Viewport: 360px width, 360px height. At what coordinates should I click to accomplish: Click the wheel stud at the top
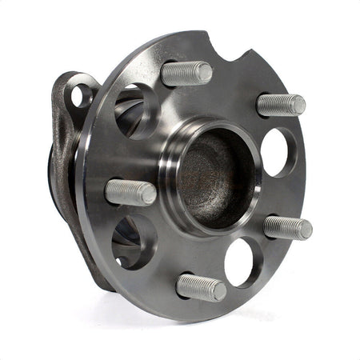pyautogui.click(x=186, y=74)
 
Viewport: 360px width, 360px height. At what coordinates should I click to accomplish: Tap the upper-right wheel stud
pyautogui.click(x=280, y=104)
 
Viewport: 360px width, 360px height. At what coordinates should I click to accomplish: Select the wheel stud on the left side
pyautogui.click(x=130, y=192)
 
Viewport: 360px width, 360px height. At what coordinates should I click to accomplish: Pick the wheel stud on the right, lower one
pyautogui.click(x=286, y=227)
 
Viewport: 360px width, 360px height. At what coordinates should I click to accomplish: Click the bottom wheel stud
pyautogui.click(x=200, y=287)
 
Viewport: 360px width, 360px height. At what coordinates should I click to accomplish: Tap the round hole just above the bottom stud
pyautogui.click(x=241, y=259)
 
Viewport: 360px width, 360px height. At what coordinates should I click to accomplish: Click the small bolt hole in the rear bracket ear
pyautogui.click(x=78, y=96)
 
